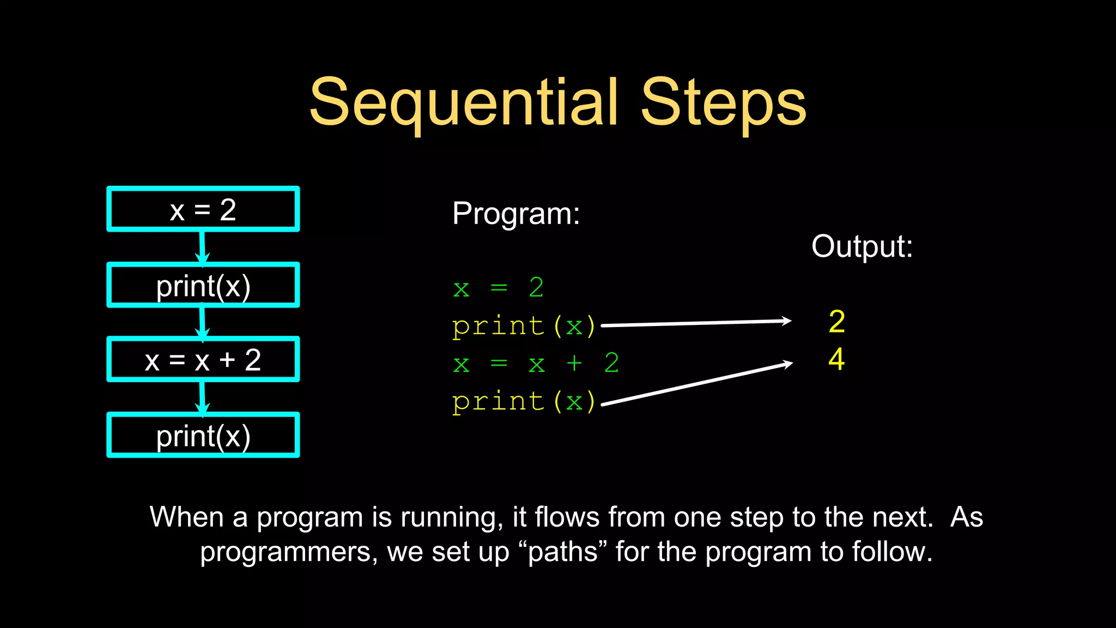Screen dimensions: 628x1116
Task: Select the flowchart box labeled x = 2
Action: [x=203, y=209]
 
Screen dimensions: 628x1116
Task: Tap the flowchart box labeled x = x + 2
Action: [x=203, y=360]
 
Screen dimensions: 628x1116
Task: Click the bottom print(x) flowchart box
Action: [x=203, y=436]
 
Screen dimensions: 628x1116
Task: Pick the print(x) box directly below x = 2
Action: [x=203, y=286]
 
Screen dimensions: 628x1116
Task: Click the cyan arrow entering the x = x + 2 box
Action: [x=202, y=322]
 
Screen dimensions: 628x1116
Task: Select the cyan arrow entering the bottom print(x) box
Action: [x=202, y=397]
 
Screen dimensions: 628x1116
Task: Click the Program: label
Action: [x=515, y=213]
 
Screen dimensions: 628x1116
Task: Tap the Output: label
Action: [x=862, y=246]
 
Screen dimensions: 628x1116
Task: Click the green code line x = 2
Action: [x=498, y=287]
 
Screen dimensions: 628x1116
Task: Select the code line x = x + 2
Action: [x=536, y=363]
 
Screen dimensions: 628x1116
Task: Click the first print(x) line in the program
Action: [x=524, y=326]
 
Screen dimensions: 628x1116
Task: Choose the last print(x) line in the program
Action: [x=524, y=402]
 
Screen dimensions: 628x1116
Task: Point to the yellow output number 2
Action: [x=836, y=322]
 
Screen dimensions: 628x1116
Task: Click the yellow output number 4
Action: [x=836, y=359]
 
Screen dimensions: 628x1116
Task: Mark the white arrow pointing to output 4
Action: [x=697, y=384]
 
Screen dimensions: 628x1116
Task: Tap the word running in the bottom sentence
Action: [x=452, y=517]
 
